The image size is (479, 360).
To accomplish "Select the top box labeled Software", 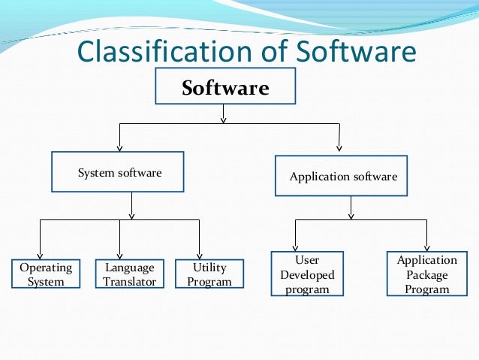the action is pyautogui.click(x=224, y=86).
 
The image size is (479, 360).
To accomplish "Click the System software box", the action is pyautogui.click(x=119, y=173).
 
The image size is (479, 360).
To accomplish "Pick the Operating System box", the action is pyautogui.click(x=46, y=274).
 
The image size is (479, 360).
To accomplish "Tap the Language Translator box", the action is pyautogui.click(x=130, y=274).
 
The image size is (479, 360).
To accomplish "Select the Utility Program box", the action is pyautogui.click(x=209, y=274).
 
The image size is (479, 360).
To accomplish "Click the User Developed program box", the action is pyautogui.click(x=307, y=275).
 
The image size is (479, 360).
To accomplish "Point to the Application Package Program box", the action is pyautogui.click(x=426, y=274).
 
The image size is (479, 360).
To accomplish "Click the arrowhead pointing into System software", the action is pyautogui.click(x=120, y=147).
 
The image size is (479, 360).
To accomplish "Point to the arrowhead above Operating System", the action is pyautogui.click(x=41, y=254).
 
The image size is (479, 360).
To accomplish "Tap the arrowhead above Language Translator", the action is pyautogui.click(x=120, y=254).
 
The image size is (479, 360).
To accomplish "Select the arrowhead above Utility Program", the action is pyautogui.click(x=200, y=254).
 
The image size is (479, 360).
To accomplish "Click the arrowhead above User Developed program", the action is pyautogui.click(x=295, y=246).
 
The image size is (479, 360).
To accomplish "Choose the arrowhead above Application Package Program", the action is pyautogui.click(x=427, y=246).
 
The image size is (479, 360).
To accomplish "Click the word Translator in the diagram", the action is pyautogui.click(x=130, y=282).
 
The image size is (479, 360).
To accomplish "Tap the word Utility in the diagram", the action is pyautogui.click(x=209, y=268).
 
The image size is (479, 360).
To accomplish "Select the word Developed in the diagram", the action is pyautogui.click(x=307, y=275).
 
